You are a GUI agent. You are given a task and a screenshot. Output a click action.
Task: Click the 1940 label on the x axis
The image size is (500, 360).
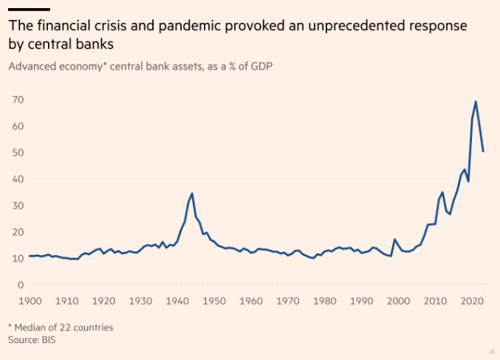[177, 301]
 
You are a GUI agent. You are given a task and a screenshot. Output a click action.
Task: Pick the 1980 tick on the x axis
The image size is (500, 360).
[324, 301]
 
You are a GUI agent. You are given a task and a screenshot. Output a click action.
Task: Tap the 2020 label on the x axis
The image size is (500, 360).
[470, 301]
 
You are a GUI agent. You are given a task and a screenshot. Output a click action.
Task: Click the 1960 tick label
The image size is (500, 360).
[251, 301]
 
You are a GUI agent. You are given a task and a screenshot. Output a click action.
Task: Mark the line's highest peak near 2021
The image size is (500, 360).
[476, 101]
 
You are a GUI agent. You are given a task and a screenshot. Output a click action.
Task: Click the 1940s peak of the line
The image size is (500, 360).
[192, 194]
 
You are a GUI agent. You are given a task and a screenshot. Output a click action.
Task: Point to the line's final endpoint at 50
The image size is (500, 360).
[483, 152]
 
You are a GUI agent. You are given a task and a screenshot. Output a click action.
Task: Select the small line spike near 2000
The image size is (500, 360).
[395, 240]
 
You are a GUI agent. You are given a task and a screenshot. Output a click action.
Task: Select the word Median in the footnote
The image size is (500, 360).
[30, 327]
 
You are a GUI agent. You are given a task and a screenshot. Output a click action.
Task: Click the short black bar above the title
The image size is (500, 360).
[30, 9]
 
